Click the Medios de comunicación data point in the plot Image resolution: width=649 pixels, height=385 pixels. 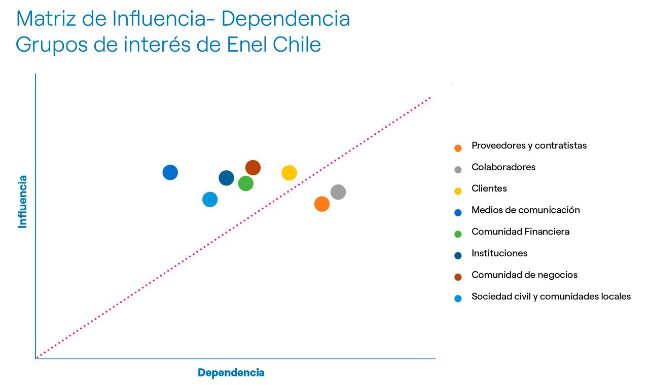(170, 172)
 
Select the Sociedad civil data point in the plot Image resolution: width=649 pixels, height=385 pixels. (210, 200)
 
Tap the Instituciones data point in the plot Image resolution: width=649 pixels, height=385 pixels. (226, 178)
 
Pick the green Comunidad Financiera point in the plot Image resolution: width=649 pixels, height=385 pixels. (245, 183)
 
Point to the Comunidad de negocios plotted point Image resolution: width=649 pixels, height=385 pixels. (253, 168)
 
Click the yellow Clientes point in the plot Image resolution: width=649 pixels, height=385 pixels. (289, 173)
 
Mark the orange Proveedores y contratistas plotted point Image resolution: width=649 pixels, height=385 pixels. (322, 204)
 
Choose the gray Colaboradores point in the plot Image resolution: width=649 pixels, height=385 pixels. (338, 192)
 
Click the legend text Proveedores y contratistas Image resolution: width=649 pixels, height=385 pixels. (529, 146)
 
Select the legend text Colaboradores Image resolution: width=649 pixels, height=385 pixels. (503, 167)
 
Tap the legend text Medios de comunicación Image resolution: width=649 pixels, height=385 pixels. (525, 210)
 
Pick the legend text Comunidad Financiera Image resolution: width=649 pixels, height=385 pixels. (520, 232)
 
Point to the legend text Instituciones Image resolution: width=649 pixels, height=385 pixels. (499, 253)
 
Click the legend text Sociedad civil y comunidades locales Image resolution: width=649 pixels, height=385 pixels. (551, 297)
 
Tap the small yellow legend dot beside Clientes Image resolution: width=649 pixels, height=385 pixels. (458, 191)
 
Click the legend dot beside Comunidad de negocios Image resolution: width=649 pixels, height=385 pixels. (458, 277)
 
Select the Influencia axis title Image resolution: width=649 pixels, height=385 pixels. (23, 202)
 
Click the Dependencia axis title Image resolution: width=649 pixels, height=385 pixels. (231, 373)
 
